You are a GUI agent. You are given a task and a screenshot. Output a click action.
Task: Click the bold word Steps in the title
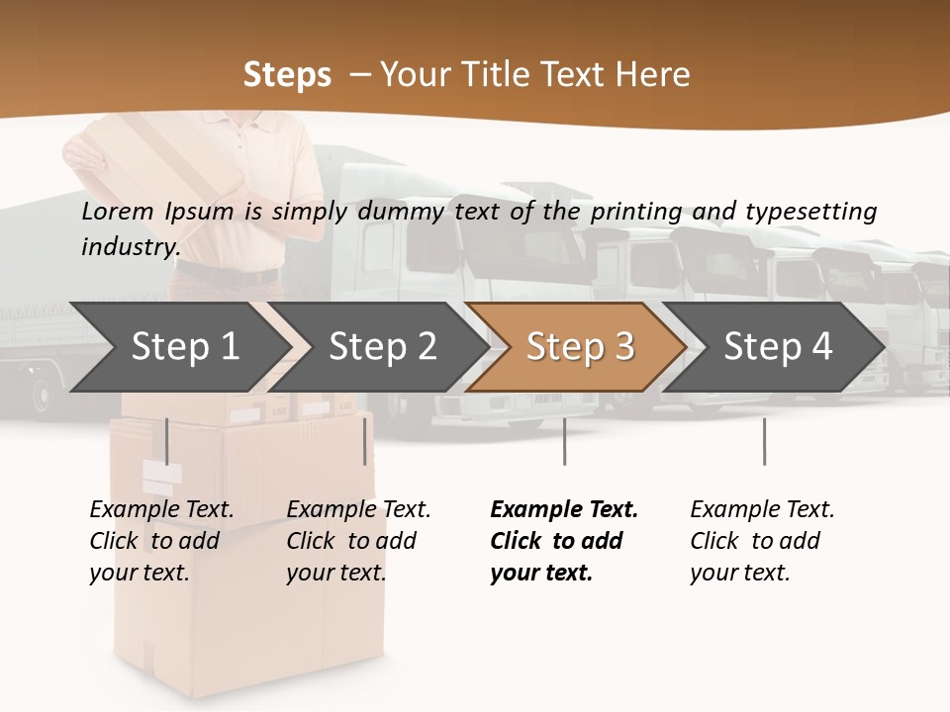click(287, 74)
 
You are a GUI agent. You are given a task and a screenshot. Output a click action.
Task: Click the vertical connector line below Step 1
click(167, 441)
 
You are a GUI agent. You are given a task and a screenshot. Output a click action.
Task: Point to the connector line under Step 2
click(365, 441)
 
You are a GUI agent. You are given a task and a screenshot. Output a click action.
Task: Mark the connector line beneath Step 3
click(565, 441)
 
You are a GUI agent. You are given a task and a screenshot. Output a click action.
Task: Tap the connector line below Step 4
click(764, 441)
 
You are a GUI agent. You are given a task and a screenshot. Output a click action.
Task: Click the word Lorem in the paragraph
click(118, 211)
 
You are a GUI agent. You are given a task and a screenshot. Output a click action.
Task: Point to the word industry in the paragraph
click(130, 246)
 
